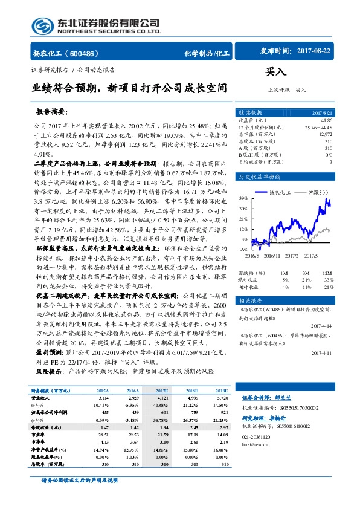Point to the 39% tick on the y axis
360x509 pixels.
(x=242, y=198)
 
